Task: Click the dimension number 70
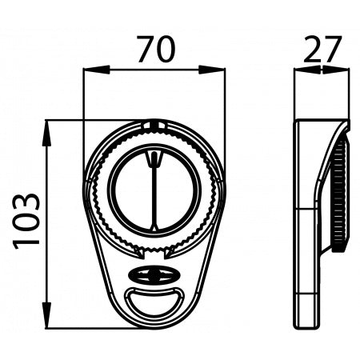(x=157, y=50)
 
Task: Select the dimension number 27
(x=322, y=50)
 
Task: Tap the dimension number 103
(x=26, y=221)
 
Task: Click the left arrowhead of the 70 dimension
(x=97, y=70)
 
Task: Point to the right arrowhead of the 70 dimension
(x=212, y=70)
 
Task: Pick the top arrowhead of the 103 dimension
(x=47, y=133)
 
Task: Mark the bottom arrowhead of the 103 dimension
(x=47, y=315)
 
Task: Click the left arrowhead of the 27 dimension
(x=307, y=70)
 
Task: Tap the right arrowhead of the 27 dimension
(x=336, y=70)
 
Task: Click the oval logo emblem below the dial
(x=154, y=275)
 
